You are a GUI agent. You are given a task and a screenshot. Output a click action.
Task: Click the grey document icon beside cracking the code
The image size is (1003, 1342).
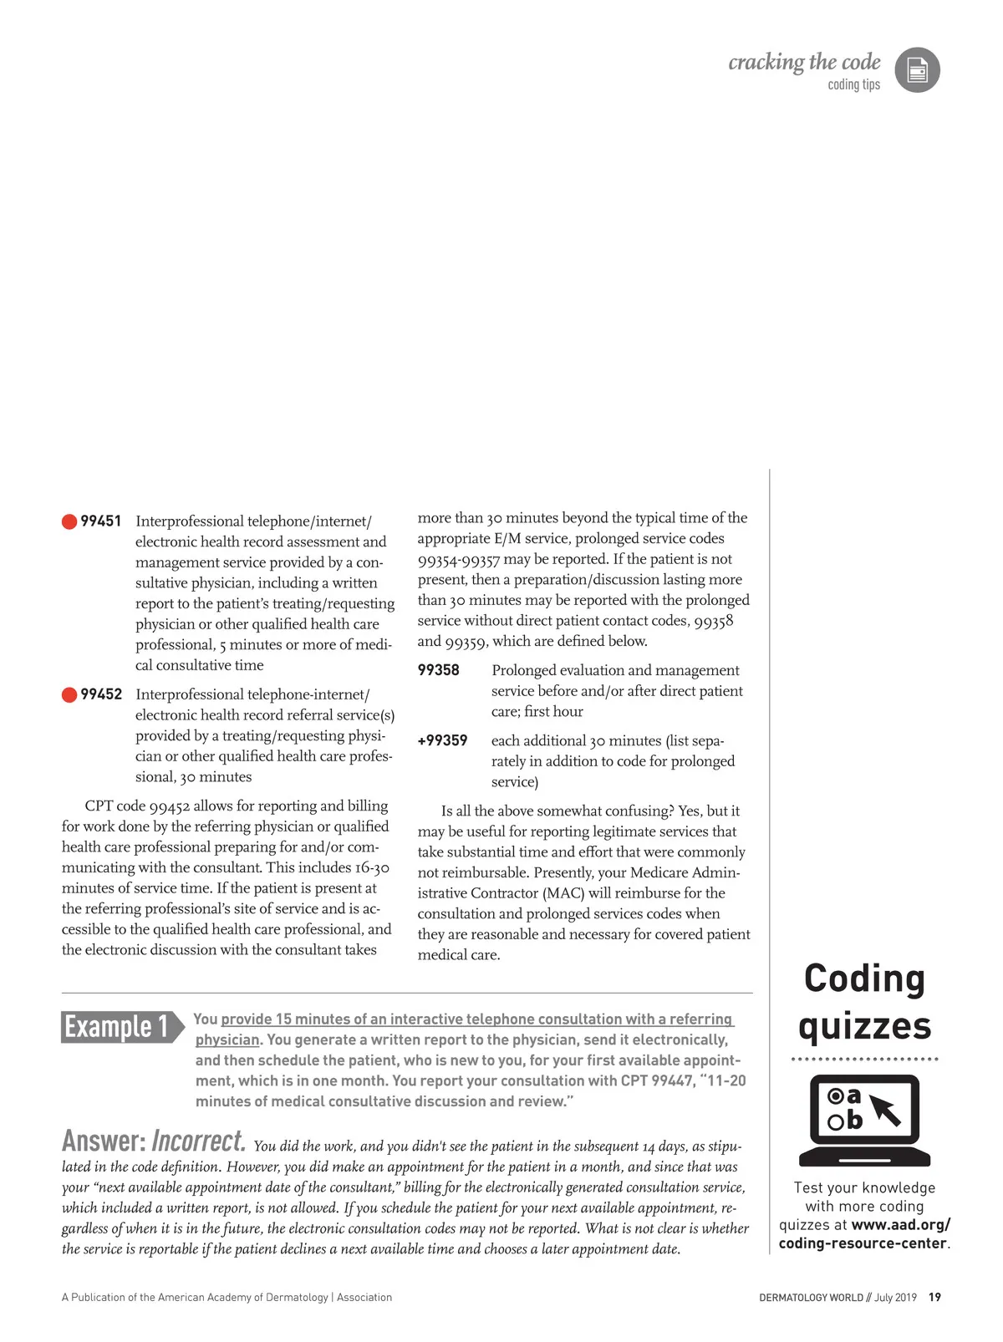tap(917, 70)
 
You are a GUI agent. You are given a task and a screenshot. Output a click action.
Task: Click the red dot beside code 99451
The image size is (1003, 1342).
tap(69, 521)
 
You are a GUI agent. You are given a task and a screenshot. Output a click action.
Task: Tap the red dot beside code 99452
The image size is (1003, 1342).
tap(69, 694)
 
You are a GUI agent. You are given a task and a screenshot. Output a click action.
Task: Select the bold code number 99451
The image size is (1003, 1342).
tap(101, 521)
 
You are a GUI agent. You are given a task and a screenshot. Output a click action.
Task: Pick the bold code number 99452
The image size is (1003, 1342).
tap(101, 694)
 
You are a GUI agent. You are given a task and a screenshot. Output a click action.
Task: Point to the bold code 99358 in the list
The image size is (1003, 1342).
tap(439, 670)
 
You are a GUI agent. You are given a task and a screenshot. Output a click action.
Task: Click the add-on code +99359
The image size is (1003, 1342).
tap(442, 740)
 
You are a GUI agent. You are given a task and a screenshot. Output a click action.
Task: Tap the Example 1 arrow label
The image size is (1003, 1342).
tap(122, 1026)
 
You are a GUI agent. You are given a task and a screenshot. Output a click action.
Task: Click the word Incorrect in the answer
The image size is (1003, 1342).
tap(199, 1141)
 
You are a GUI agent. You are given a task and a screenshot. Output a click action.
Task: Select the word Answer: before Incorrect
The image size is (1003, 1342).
tap(104, 1141)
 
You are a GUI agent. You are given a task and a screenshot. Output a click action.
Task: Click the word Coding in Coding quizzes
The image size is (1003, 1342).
tap(864, 979)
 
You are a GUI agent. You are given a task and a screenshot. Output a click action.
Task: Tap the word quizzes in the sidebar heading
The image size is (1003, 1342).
tap(864, 1027)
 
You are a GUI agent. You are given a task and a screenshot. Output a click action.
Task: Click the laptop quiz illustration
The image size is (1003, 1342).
tap(864, 1120)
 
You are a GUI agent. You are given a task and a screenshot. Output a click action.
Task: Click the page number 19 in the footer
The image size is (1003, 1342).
tap(934, 1298)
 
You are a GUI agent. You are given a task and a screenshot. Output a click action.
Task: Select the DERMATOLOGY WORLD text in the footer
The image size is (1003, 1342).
tap(811, 1298)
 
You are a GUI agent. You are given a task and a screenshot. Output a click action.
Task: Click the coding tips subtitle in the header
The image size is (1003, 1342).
tap(853, 84)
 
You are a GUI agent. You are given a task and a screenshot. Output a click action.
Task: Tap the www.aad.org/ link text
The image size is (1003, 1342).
tap(901, 1225)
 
